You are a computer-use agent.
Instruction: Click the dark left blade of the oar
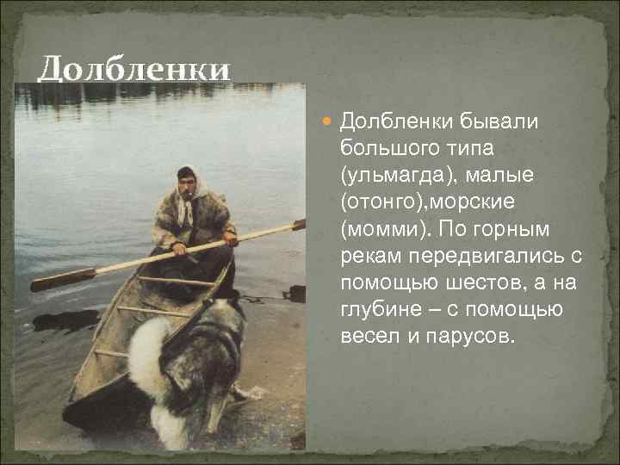[62, 280]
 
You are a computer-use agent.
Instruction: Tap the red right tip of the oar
[299, 225]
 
